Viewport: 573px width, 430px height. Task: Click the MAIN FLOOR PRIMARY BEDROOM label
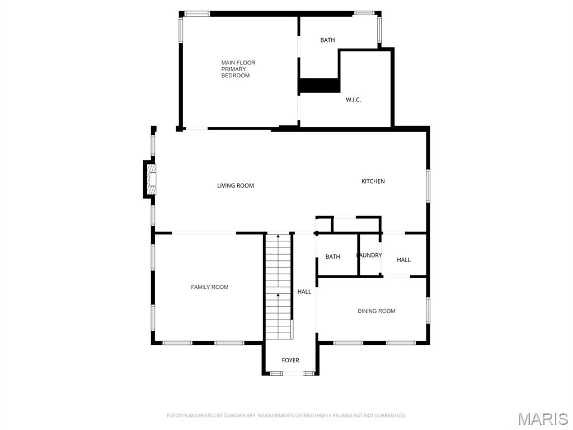tap(238, 69)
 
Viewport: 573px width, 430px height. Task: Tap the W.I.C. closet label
tap(353, 100)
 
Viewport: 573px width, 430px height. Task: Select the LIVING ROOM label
tap(236, 185)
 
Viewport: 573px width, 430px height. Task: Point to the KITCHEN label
tap(373, 181)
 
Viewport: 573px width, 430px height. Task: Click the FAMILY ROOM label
tap(210, 287)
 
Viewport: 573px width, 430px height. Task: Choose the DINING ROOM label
tap(376, 311)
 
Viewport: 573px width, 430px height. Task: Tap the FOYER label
tap(290, 361)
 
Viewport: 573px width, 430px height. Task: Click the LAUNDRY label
tap(369, 255)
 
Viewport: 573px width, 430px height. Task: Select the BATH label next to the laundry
tap(333, 256)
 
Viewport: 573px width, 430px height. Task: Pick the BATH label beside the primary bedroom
tap(327, 40)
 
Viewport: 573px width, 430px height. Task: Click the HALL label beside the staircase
tap(304, 292)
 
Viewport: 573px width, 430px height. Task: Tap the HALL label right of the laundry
tap(404, 260)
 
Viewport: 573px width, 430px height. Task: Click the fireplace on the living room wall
tap(151, 179)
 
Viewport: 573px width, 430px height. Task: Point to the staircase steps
tap(279, 286)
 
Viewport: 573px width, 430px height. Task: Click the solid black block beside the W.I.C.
tap(320, 86)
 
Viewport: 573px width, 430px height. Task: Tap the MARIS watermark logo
tap(543, 418)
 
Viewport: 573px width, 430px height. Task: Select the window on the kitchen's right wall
tap(428, 185)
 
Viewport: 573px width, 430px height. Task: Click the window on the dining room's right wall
tap(428, 311)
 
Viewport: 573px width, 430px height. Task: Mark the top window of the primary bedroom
tap(197, 13)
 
